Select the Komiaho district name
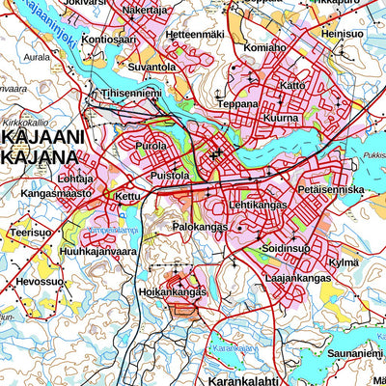point(265,46)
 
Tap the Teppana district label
point(238,103)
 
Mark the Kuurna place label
point(280,118)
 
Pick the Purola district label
point(152,146)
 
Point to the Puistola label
point(170,176)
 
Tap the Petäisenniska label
point(331,190)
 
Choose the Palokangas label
point(200,226)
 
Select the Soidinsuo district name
point(285,247)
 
